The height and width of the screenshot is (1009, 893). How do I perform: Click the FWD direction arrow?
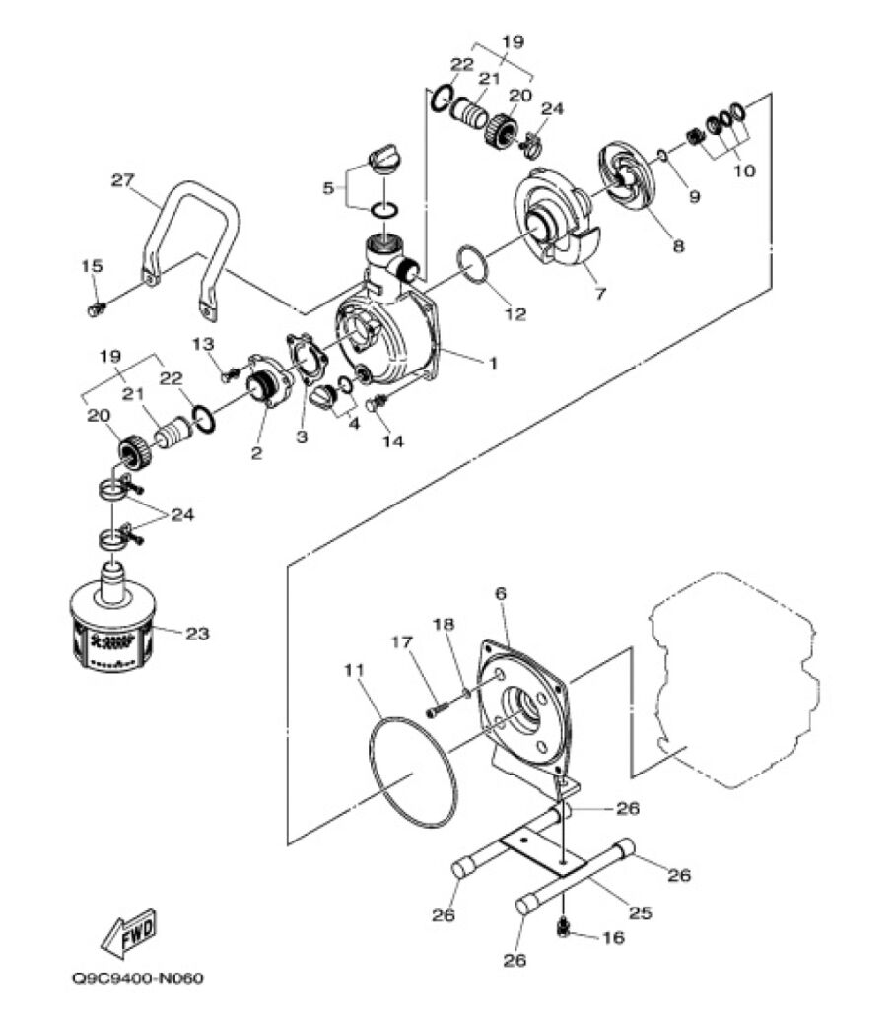129,933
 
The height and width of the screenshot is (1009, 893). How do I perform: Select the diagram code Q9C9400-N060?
138,978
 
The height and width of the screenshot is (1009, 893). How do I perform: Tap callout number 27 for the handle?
123,180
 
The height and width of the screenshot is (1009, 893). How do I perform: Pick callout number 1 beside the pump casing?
493,364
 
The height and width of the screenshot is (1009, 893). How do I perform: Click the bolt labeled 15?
96,309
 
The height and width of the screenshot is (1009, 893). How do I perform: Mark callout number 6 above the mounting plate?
501,593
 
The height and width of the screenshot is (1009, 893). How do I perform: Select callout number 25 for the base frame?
641,912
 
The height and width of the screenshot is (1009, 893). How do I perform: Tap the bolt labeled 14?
376,404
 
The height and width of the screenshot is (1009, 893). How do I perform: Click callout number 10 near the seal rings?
744,170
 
